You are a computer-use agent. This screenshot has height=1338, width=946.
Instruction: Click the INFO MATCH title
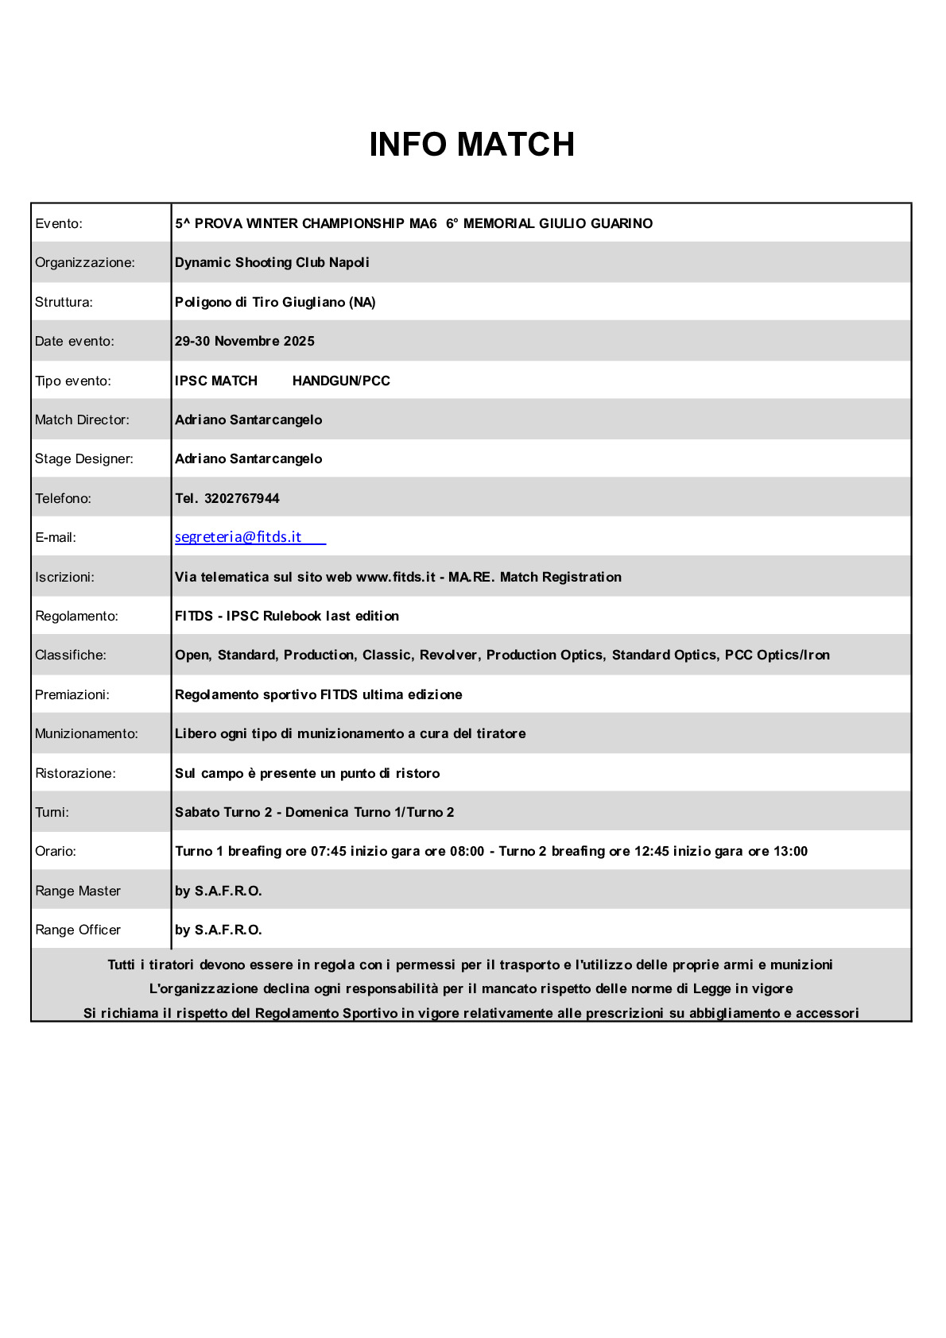(471, 145)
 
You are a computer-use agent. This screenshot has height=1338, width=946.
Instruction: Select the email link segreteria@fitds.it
(238, 537)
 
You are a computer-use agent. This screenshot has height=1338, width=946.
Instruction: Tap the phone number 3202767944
(242, 498)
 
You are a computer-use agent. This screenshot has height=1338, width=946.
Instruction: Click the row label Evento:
(59, 223)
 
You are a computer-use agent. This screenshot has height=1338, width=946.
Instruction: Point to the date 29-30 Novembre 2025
(245, 341)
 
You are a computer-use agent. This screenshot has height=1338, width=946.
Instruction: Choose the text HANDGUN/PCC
(341, 381)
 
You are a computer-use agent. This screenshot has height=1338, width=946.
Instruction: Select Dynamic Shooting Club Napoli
(272, 262)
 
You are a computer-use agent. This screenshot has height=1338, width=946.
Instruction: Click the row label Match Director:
(82, 420)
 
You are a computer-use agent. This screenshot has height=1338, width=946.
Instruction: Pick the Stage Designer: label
(84, 458)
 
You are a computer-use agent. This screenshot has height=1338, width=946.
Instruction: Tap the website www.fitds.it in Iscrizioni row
(396, 577)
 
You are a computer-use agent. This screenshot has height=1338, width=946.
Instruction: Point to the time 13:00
(790, 851)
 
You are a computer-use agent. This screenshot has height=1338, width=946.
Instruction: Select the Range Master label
(78, 891)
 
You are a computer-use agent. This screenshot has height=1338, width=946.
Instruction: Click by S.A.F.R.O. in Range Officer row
(219, 930)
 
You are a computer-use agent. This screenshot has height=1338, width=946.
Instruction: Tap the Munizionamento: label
(87, 733)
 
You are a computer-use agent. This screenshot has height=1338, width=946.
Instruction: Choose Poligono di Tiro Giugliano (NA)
(275, 302)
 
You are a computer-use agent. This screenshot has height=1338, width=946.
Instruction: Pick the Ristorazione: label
(76, 773)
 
